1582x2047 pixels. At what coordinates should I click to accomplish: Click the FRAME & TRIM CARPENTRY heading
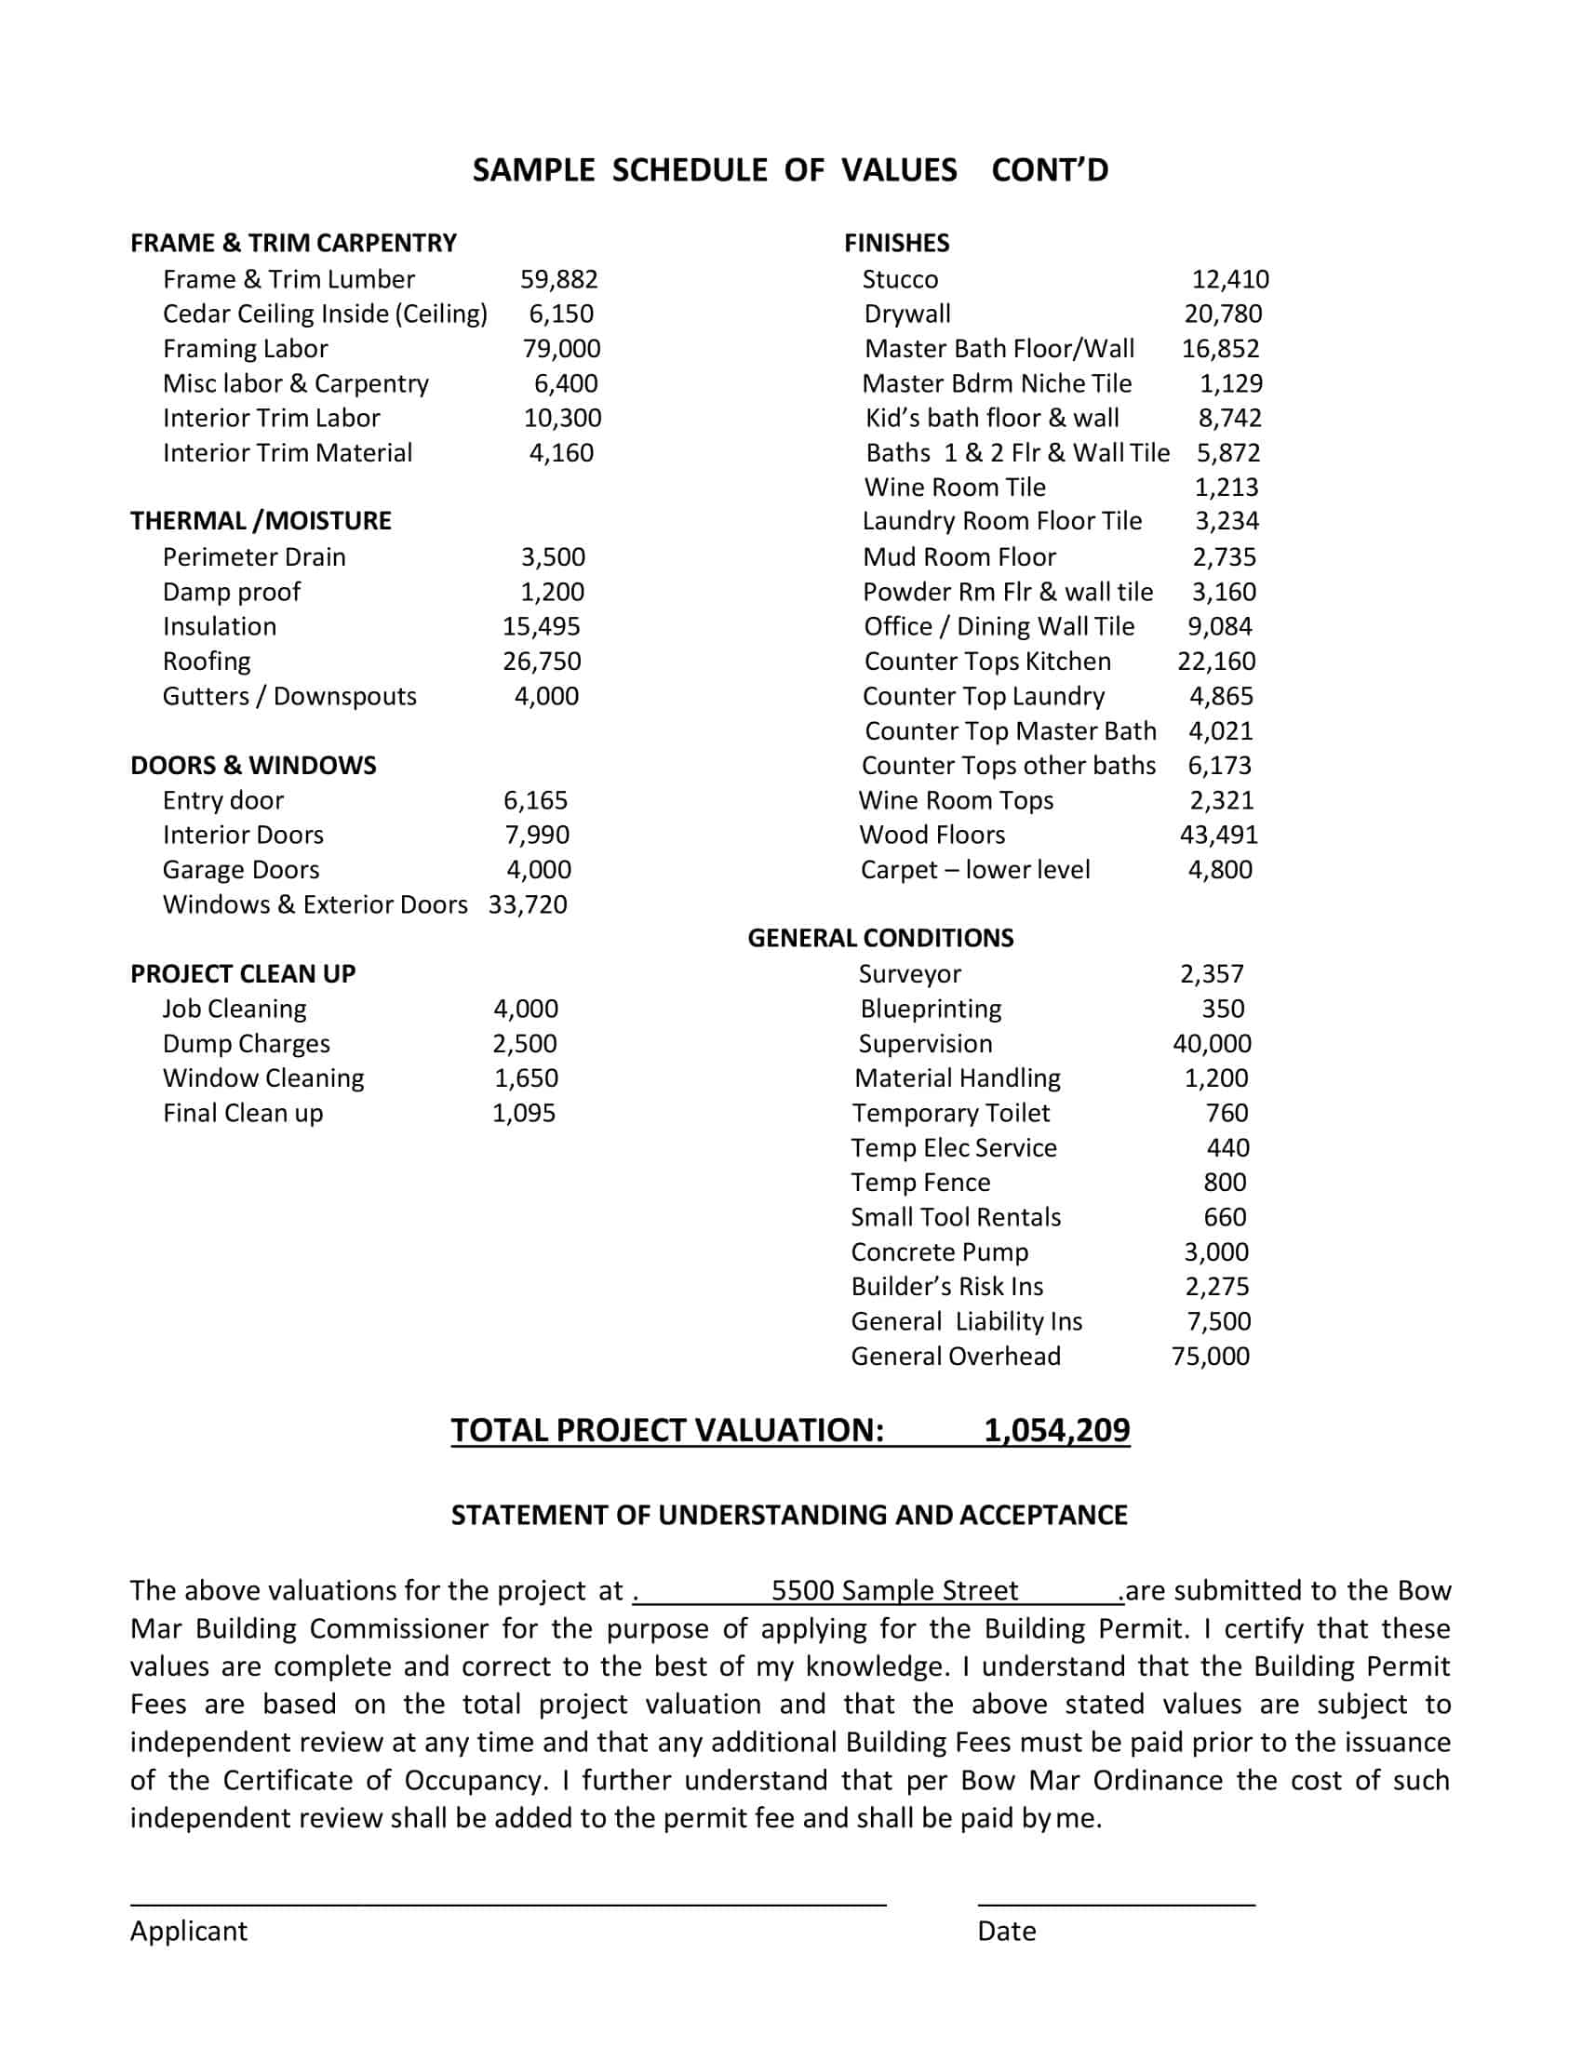click(292, 243)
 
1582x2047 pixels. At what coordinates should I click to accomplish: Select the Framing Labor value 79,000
click(561, 349)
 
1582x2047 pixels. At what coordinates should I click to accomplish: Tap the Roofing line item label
click(207, 662)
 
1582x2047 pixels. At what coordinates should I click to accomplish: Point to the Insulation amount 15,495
click(541, 627)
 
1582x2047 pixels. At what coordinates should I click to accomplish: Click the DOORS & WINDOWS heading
click(253, 766)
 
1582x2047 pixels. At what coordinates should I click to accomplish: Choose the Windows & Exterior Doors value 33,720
click(528, 904)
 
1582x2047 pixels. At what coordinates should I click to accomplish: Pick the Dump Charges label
click(246, 1044)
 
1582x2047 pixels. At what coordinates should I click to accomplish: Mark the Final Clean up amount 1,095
click(524, 1114)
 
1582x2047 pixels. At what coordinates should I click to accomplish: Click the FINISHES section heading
click(896, 243)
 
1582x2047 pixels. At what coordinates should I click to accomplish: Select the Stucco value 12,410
click(1229, 279)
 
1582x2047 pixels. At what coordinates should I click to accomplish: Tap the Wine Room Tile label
click(954, 488)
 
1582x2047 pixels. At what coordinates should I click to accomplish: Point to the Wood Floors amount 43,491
click(1218, 836)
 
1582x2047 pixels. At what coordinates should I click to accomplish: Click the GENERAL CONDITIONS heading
click(880, 938)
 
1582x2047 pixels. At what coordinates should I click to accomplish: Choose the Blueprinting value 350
click(1223, 1010)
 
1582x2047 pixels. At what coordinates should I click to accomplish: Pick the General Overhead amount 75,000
click(1210, 1357)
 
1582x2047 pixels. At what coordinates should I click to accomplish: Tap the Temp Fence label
click(919, 1183)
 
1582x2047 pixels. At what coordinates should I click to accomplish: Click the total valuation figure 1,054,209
click(1056, 1430)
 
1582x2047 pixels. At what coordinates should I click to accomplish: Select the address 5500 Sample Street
click(894, 1590)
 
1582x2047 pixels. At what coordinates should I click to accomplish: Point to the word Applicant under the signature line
click(188, 1931)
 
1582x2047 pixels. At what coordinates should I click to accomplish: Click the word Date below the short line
click(1006, 1931)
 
